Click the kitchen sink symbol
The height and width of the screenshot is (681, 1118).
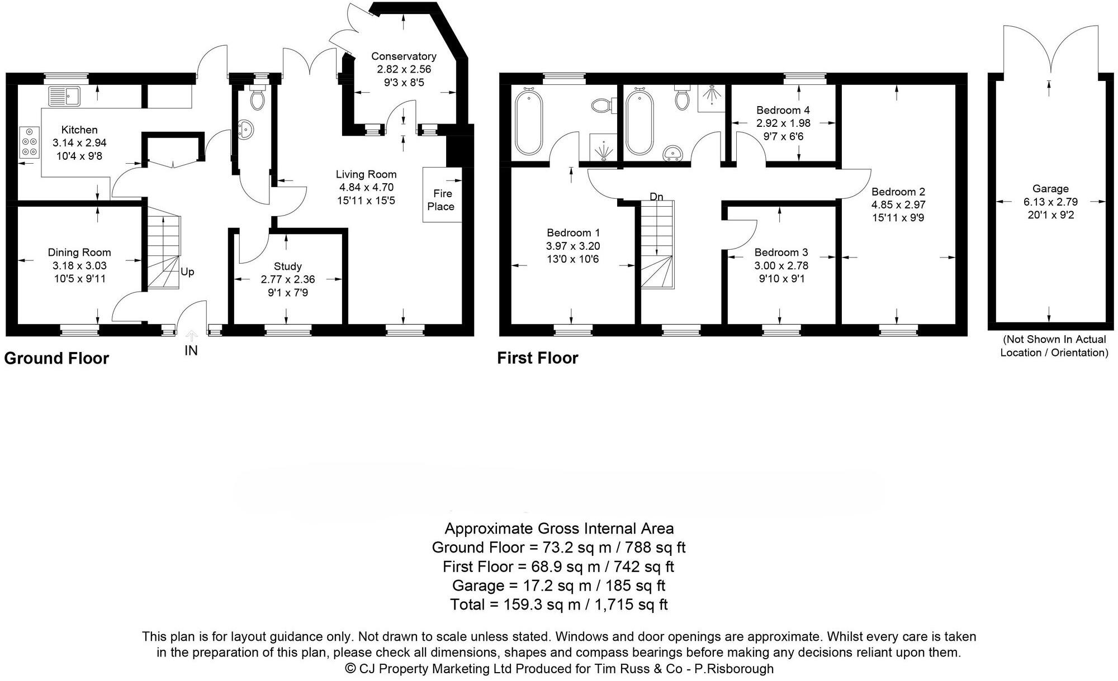coord(64,96)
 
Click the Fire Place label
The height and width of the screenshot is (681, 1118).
coord(441,200)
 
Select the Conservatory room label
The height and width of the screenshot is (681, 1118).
coord(404,56)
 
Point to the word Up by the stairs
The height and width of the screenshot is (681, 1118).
coord(187,272)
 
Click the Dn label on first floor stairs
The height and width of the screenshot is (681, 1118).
coord(656,197)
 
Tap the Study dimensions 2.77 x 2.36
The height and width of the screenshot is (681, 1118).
coord(288,279)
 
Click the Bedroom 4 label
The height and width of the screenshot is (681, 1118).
coord(783,110)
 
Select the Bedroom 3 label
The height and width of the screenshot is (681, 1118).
coord(781,253)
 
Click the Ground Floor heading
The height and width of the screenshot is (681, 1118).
coord(56,358)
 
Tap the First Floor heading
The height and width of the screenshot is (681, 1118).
coord(537,358)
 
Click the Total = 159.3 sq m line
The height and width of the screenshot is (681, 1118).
coord(558,604)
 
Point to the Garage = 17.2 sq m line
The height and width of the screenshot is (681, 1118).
coord(558,585)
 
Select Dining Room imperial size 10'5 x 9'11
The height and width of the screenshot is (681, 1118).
coord(79,279)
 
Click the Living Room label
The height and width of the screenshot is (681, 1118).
coord(366,174)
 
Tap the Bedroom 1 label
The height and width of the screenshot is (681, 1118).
coord(573,233)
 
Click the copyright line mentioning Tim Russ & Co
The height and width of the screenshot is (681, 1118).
coord(558,668)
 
